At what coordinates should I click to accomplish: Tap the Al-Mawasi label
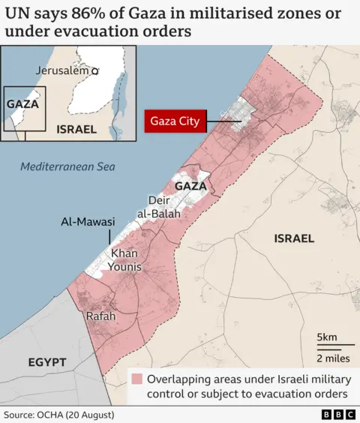[x=88, y=222]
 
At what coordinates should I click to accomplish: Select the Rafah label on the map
[x=100, y=316]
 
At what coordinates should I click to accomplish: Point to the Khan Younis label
[x=126, y=260]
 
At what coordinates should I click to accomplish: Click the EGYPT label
[x=47, y=362]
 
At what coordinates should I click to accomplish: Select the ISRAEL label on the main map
[x=294, y=238]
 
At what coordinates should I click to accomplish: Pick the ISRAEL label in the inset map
[x=76, y=129]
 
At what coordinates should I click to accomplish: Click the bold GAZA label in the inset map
[x=22, y=104]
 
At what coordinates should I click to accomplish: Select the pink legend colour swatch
[x=137, y=379]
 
